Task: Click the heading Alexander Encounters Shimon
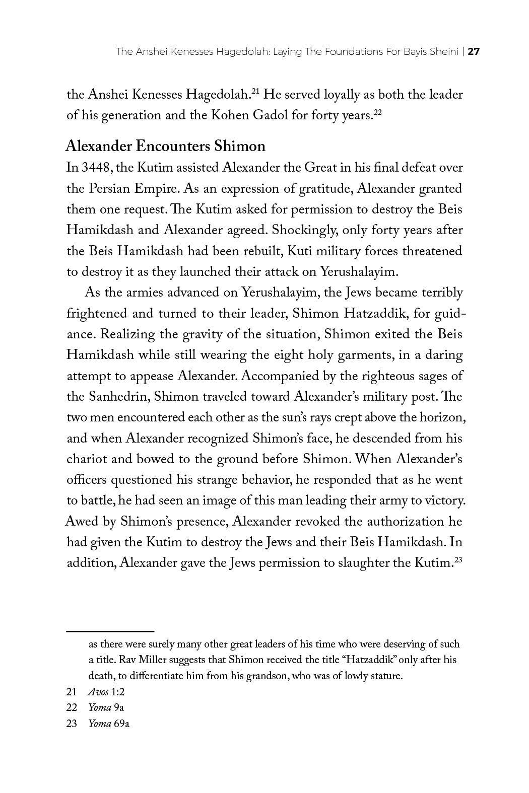(x=165, y=146)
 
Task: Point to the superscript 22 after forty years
(x=377, y=112)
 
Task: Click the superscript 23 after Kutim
(x=458, y=559)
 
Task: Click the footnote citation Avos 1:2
(x=106, y=692)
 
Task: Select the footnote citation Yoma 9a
(x=106, y=707)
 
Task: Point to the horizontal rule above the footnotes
(x=110, y=630)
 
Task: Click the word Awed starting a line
(x=81, y=521)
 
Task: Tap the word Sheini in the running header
(x=447, y=51)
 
